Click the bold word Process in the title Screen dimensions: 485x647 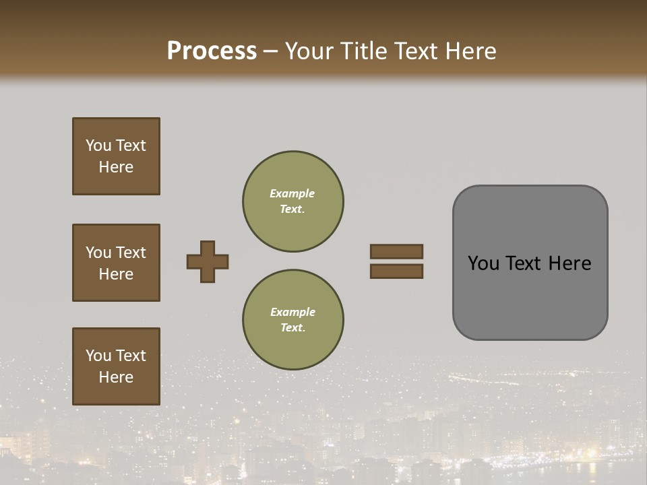[x=212, y=51]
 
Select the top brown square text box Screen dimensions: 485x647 [x=116, y=156]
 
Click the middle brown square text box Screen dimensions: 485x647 [x=116, y=263]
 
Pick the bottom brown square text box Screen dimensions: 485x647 [x=116, y=366]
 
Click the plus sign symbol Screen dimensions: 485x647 [x=208, y=261]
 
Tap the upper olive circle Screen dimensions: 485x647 [x=293, y=201]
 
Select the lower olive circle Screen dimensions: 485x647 [x=293, y=320]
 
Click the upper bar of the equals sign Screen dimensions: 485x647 [x=396, y=251]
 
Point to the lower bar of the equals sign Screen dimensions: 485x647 [x=396, y=271]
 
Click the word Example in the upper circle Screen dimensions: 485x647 [x=292, y=193]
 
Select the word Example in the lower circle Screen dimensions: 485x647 [x=292, y=312]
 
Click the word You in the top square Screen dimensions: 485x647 [x=98, y=145]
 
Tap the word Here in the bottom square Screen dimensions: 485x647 [x=116, y=377]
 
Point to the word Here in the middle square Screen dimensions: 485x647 [x=116, y=274]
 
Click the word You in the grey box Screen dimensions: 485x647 [x=483, y=263]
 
